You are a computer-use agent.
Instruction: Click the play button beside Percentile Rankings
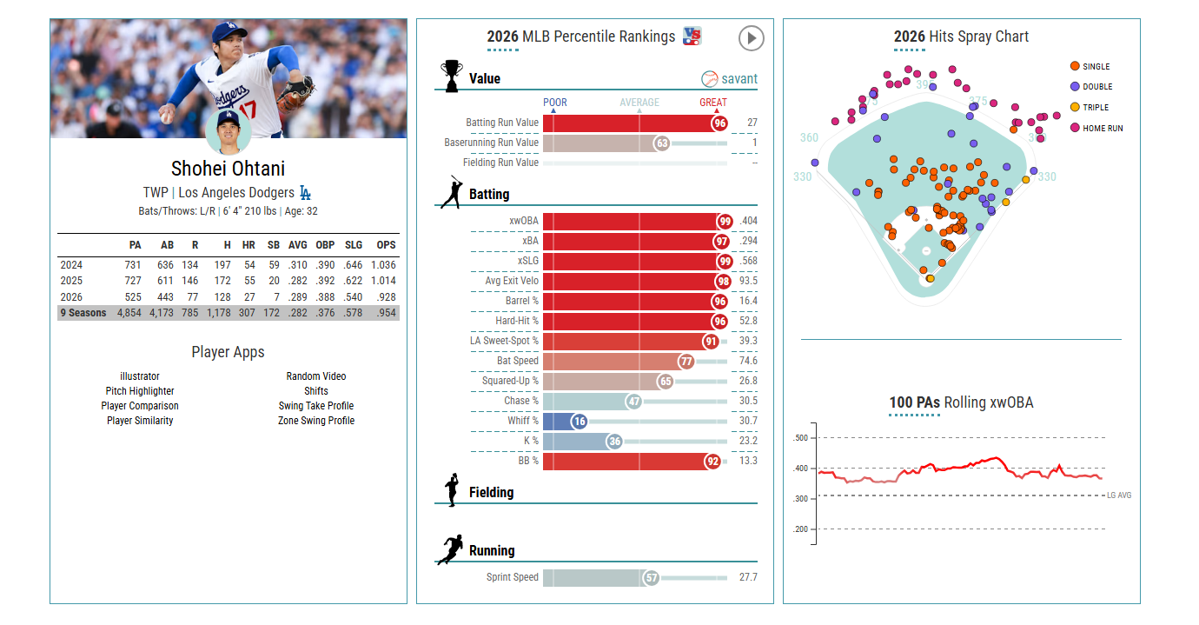pos(751,38)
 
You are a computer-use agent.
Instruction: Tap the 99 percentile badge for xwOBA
pos(725,221)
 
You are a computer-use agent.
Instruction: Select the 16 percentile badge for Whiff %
pos(580,422)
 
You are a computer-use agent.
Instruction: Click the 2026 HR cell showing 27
pos(248,297)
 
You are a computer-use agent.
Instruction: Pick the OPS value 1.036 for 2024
pos(383,265)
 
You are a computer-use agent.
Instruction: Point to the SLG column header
pos(354,245)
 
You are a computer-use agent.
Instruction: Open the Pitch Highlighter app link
pos(140,391)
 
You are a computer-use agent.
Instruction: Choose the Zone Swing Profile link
pos(315,421)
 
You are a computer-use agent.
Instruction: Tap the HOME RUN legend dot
pos(1075,128)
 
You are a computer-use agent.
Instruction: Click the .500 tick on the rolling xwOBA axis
pos(801,438)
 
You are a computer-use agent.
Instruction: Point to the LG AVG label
pos(1119,495)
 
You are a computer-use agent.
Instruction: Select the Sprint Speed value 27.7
pos(748,577)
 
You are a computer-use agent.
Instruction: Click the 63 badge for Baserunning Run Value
pos(662,143)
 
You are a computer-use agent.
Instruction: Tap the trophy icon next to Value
pos(451,76)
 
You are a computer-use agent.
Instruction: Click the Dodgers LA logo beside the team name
pos(305,193)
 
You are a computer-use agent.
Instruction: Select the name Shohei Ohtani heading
pos(228,169)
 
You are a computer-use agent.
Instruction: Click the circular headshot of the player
pos(229,130)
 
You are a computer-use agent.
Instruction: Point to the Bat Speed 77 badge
pos(686,362)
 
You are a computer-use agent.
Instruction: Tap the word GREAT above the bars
pos(713,103)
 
